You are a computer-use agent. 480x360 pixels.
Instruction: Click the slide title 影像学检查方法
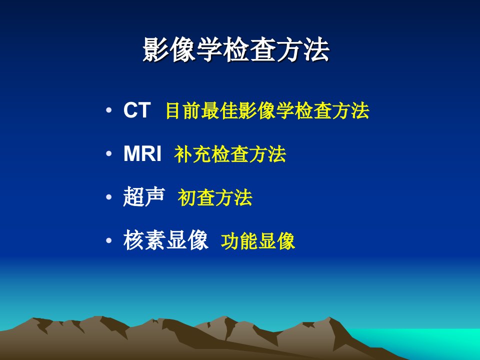(236, 50)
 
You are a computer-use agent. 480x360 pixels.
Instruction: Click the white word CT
(137, 110)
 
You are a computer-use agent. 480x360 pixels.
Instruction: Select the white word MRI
(142, 153)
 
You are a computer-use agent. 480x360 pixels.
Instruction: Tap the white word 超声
(144, 197)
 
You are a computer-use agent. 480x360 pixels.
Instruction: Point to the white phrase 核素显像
(166, 240)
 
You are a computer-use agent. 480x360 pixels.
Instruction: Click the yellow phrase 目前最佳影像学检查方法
(267, 110)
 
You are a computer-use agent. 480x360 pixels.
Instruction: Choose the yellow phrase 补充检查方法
(230, 154)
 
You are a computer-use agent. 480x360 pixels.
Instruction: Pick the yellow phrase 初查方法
(215, 198)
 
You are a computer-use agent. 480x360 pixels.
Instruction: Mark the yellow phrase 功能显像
(258, 241)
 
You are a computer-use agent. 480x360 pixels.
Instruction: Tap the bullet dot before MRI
(108, 153)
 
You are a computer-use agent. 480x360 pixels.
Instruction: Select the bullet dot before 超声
(108, 197)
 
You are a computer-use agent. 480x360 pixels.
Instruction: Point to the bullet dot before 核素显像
(108, 240)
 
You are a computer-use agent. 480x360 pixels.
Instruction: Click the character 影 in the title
(156, 50)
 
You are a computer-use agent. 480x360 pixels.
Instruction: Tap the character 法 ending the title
(316, 50)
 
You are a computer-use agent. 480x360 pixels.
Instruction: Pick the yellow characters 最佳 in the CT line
(220, 110)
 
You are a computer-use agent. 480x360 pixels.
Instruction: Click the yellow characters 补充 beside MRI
(193, 154)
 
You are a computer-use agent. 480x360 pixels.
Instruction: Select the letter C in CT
(130, 110)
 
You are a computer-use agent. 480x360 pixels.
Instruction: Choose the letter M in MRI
(131, 153)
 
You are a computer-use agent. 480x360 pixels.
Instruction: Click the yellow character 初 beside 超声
(186, 198)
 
